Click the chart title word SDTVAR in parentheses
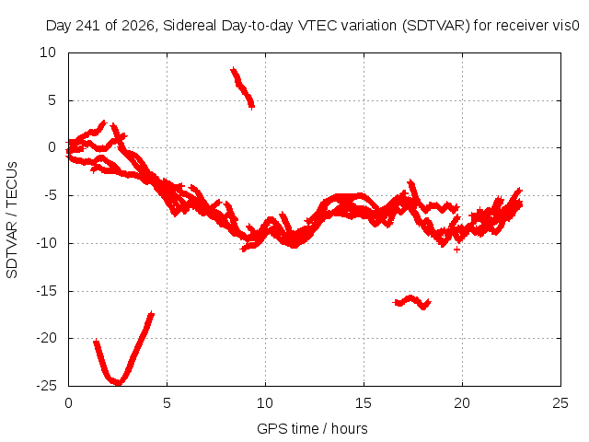click(x=436, y=26)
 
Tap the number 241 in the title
click(x=87, y=26)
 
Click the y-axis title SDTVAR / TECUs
click(x=12, y=220)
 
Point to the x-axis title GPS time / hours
click(x=312, y=428)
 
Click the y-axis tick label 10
click(x=48, y=52)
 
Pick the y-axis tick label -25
click(x=46, y=386)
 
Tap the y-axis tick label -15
click(x=46, y=291)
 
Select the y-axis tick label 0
click(x=52, y=147)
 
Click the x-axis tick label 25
click(x=560, y=403)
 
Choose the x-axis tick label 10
click(x=265, y=403)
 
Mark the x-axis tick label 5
click(x=167, y=403)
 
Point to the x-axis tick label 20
click(x=462, y=403)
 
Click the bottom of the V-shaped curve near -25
click(x=119, y=383)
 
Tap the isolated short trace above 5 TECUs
click(x=243, y=88)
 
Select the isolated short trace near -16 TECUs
click(x=411, y=301)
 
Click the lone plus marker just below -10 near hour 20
click(x=456, y=250)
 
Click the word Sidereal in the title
click(x=191, y=26)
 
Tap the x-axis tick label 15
click(x=364, y=403)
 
